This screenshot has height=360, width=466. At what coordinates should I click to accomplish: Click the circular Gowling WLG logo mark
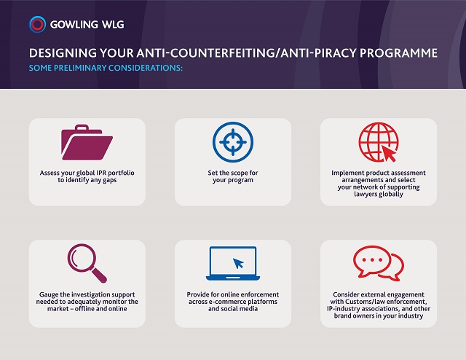tap(37, 24)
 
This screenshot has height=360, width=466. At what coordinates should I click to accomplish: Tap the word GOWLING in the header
tap(74, 24)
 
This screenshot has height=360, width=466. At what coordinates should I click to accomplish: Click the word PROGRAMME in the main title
tap(398, 53)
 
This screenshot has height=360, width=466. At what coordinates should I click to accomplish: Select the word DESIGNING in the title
tap(63, 53)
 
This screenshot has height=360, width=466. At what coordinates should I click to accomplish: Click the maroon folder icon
tap(87, 142)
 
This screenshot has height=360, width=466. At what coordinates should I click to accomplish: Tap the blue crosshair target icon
tap(233, 142)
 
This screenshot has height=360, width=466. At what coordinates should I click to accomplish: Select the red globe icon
tap(379, 142)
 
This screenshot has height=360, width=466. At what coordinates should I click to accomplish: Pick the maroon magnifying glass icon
tap(87, 263)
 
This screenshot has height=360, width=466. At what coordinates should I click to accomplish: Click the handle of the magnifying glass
tap(99, 275)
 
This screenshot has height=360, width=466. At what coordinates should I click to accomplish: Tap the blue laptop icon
tap(233, 263)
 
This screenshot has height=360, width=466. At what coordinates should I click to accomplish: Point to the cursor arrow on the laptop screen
tap(238, 263)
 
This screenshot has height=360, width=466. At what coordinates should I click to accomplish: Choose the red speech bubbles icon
tap(379, 263)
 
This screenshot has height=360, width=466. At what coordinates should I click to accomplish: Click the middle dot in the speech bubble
tap(372, 259)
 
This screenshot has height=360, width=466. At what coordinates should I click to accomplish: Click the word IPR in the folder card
tap(101, 173)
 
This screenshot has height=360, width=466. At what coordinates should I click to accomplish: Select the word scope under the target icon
tap(239, 173)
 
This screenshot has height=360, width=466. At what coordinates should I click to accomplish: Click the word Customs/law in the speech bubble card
tap(365, 302)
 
